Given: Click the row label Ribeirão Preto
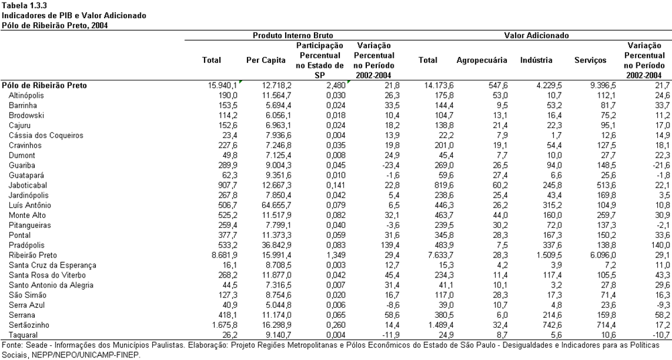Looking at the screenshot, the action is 33,255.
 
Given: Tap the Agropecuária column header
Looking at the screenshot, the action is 482,60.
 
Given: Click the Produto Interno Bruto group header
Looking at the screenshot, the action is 292,36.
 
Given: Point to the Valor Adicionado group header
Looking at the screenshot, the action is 536,36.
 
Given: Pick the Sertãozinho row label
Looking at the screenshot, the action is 29,325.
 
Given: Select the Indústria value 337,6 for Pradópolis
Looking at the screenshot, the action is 553,245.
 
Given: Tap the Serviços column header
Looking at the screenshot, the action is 590,60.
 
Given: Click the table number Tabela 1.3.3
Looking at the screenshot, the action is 24,5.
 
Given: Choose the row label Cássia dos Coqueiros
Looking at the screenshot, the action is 46,135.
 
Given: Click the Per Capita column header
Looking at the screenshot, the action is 266,60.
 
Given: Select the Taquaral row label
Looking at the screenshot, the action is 23,335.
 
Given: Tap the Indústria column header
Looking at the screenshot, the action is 536,60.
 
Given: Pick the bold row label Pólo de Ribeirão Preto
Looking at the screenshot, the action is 44,85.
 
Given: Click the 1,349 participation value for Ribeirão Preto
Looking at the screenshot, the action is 335,255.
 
